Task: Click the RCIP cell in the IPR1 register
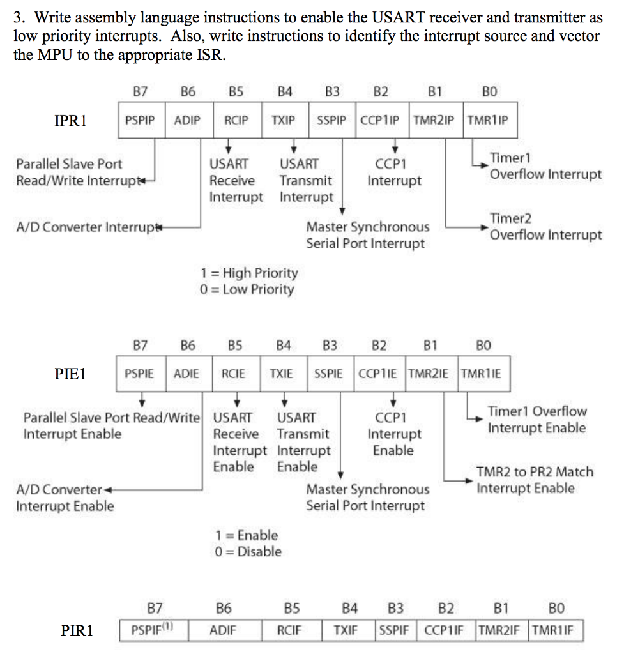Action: (236, 120)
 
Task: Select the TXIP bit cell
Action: (285, 120)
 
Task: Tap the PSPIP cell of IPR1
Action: (141, 120)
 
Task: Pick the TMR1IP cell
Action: (488, 120)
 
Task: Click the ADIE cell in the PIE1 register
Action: (186, 374)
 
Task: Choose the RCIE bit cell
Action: (233, 374)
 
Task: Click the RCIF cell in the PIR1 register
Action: (289, 631)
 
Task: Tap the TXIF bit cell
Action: (346, 631)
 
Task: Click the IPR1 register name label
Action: (70, 120)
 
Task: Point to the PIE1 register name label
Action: (70, 374)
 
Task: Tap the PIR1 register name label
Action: (77, 631)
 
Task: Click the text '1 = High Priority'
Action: (249, 273)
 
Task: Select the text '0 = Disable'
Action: (248, 551)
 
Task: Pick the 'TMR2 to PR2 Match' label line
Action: (535, 472)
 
